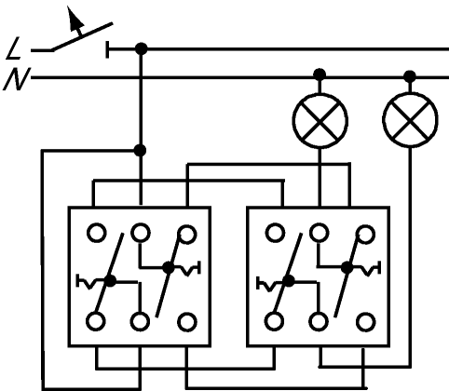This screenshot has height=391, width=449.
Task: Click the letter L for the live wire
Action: (x=14, y=48)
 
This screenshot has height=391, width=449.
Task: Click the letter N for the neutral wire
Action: (x=16, y=79)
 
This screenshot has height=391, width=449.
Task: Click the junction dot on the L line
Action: (x=142, y=48)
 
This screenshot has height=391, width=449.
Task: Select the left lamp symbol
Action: (x=320, y=120)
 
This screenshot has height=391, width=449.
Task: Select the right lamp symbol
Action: (x=410, y=119)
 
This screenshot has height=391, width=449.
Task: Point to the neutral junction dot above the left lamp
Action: (x=320, y=74)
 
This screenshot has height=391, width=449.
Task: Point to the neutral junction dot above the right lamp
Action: (x=410, y=76)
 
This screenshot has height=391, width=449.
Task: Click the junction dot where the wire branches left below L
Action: (x=140, y=151)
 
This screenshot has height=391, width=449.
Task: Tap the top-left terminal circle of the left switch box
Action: (x=97, y=233)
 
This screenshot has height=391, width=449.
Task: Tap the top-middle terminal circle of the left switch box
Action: (x=141, y=233)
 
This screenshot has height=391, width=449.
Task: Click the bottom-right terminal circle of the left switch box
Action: (x=187, y=322)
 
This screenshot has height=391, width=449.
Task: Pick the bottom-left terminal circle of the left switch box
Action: (x=96, y=321)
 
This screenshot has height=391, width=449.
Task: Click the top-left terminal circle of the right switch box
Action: (x=275, y=233)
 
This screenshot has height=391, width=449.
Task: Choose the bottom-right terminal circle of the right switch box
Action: (x=366, y=322)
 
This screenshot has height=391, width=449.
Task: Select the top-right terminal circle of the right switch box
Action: (x=365, y=235)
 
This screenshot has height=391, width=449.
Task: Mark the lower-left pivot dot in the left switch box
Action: (x=110, y=281)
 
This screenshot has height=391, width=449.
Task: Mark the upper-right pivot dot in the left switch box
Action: (x=169, y=267)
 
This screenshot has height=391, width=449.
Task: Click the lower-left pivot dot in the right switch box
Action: (x=289, y=281)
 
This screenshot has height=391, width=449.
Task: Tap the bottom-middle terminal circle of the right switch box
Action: (x=319, y=321)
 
